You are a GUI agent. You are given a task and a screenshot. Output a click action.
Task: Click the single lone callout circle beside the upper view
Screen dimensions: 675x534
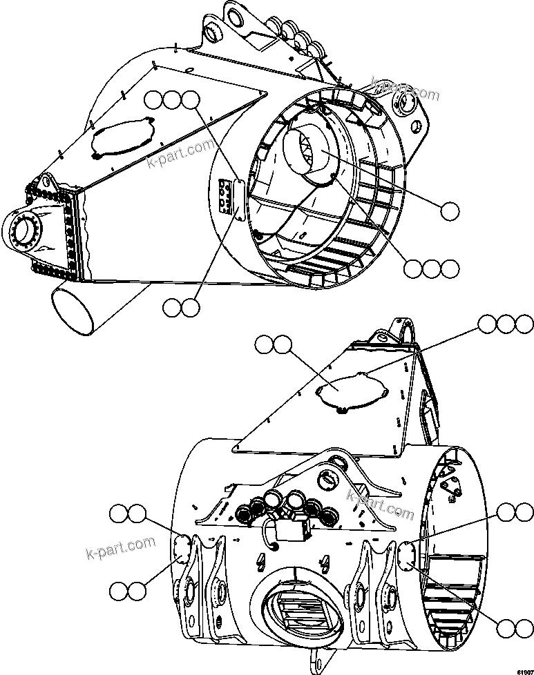449,211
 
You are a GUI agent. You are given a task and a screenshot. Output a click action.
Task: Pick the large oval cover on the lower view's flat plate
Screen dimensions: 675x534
350,391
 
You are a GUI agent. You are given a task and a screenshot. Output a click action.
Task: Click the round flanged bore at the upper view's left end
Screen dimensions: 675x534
26,233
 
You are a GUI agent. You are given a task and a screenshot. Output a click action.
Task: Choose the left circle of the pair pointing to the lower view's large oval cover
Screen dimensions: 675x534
264,344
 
